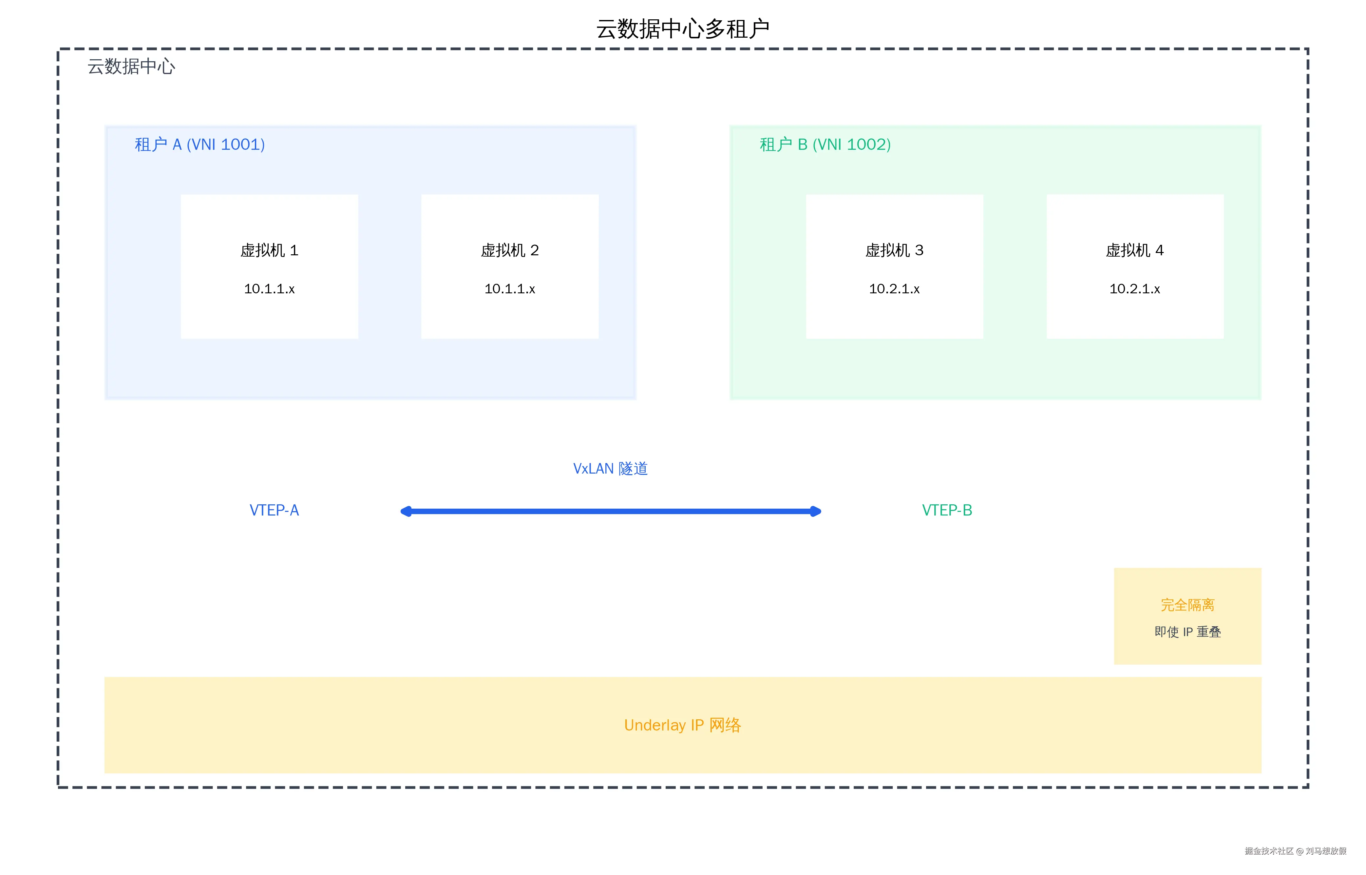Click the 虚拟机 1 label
(269, 251)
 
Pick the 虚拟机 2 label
(509, 251)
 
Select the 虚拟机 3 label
(894, 251)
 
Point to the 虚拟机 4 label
(1134, 251)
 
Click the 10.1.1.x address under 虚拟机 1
(269, 289)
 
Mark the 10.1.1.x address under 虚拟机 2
(509, 289)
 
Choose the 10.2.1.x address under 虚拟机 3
(894, 289)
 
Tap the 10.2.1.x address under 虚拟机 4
(1134, 289)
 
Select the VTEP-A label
(274, 510)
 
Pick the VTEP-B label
(947, 510)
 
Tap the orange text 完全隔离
(1187, 605)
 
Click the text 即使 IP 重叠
(1187, 632)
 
